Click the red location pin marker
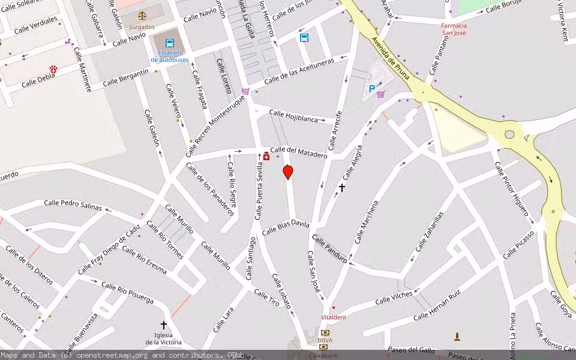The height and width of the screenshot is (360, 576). point(288,172)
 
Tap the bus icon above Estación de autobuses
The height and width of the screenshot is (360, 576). point(170,43)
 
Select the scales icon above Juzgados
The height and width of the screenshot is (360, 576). point(142,16)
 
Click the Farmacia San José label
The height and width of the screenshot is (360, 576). point(454,29)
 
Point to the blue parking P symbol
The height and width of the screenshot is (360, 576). point(372,89)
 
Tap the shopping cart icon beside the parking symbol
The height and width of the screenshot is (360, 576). point(380,94)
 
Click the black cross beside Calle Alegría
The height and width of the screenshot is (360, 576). point(342,188)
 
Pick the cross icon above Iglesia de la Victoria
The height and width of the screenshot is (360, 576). point(163,325)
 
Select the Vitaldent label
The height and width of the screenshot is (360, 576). point(334,317)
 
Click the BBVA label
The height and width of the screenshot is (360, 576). point(325,340)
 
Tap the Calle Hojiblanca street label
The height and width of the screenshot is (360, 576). point(293,116)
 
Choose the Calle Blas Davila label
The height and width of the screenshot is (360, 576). point(286,227)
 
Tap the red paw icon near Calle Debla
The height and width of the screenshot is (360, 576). point(53,70)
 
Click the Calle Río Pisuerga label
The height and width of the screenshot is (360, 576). point(127,292)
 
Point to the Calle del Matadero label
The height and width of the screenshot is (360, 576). point(299,152)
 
